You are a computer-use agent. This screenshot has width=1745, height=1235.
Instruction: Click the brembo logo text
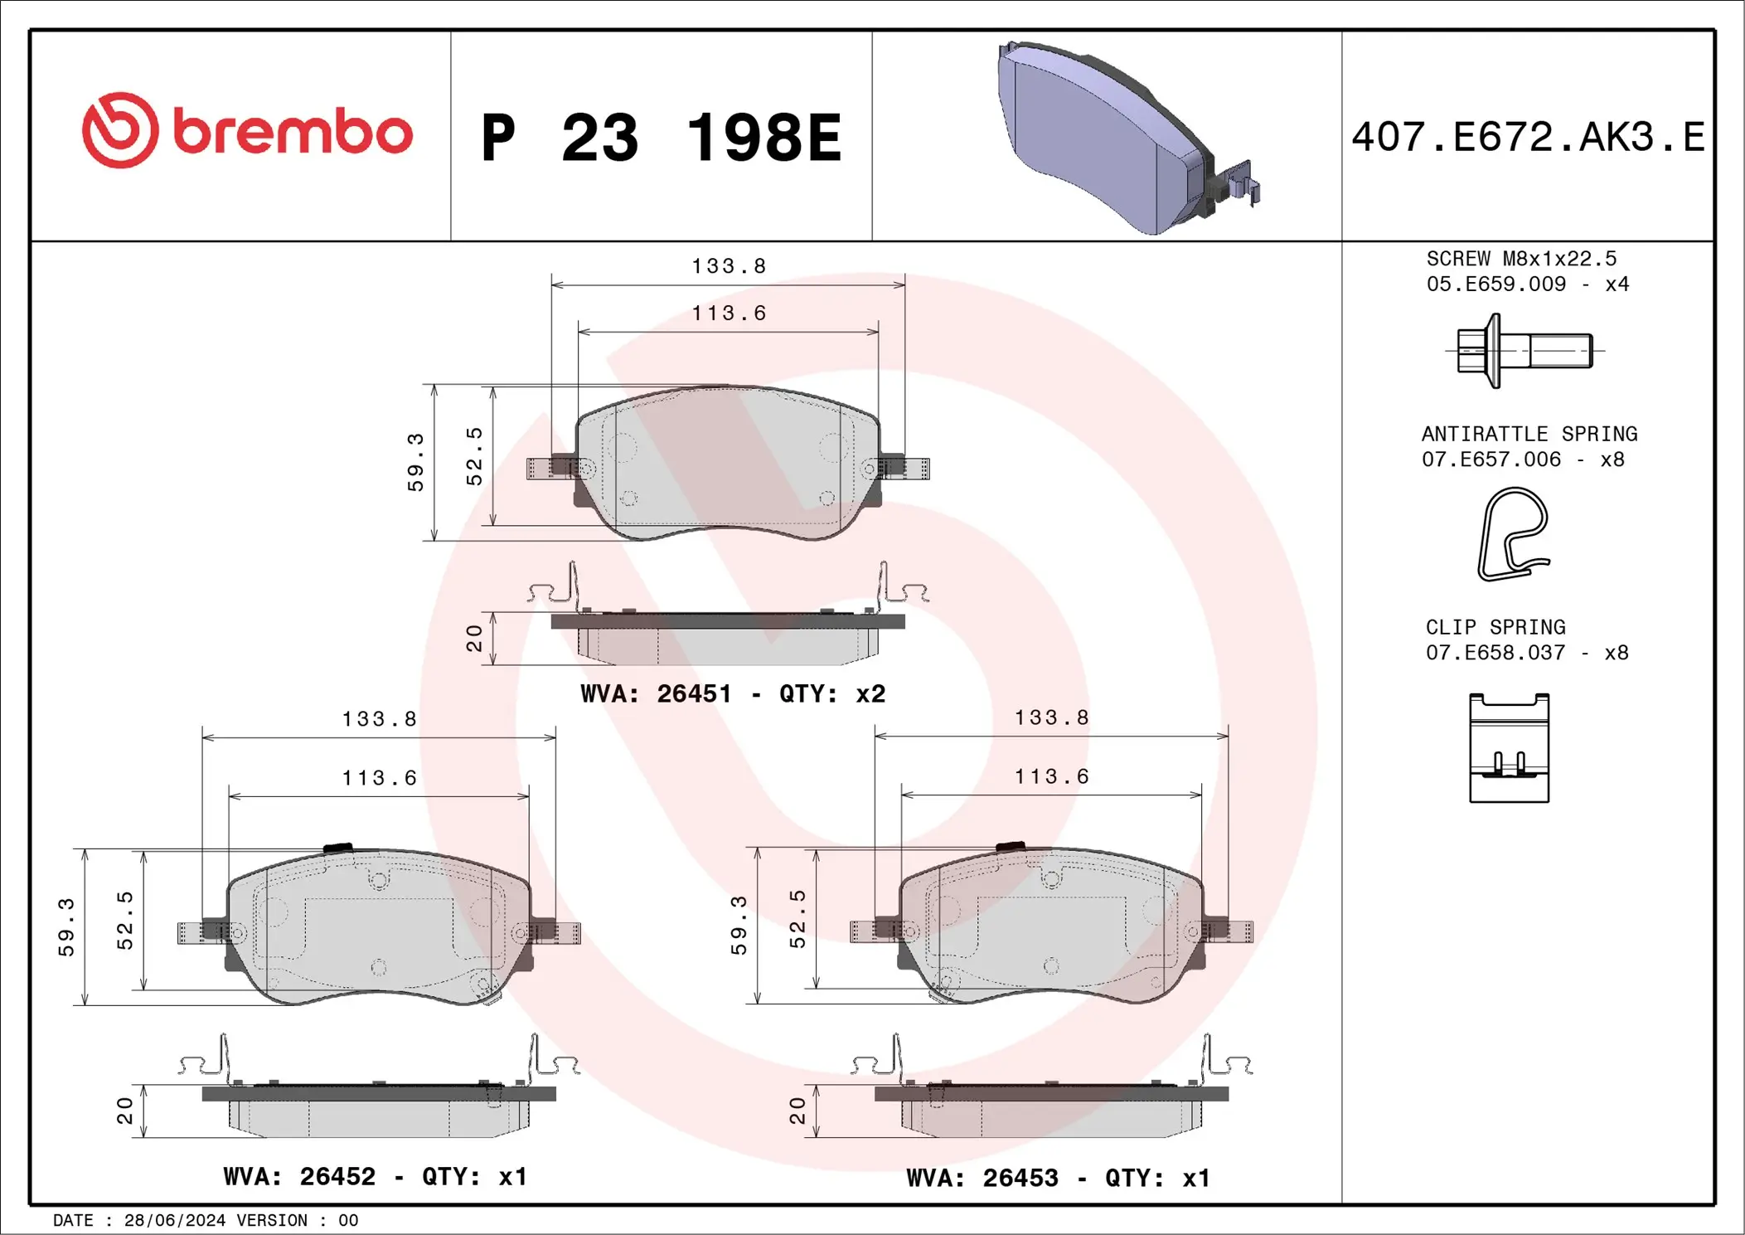click(292, 133)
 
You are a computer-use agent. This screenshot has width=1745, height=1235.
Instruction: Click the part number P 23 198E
click(661, 138)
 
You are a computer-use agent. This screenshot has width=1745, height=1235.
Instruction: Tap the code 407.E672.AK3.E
click(1527, 137)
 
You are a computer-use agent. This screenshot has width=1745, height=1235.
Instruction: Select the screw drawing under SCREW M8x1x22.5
click(1524, 351)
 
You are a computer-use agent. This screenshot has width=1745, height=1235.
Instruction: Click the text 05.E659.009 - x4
click(1527, 284)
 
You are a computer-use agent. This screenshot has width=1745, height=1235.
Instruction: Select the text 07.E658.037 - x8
click(1526, 653)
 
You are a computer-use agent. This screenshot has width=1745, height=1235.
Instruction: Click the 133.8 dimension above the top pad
click(729, 266)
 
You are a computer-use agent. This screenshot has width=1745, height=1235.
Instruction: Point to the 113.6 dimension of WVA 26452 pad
click(380, 778)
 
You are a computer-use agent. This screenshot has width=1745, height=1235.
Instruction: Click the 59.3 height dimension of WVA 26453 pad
click(739, 925)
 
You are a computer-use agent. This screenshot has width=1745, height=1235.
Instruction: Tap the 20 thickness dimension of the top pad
click(474, 638)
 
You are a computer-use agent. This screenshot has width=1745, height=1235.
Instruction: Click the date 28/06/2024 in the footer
click(174, 1220)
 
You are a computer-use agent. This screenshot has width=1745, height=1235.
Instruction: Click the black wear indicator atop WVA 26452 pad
click(337, 848)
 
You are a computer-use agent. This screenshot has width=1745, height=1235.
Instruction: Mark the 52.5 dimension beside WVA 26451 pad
click(474, 456)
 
